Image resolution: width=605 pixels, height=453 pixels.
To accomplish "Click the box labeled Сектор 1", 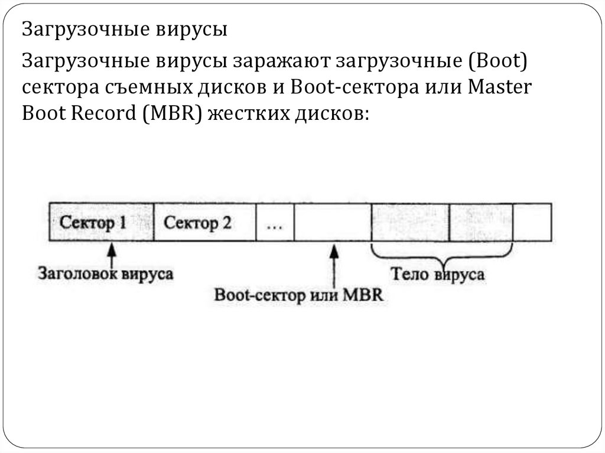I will point(101,223).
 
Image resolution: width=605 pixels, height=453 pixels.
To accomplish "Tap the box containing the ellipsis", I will point(275,223).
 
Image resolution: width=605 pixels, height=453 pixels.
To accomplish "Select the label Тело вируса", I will point(438,275).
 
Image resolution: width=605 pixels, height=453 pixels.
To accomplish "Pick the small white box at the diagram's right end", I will point(532,223).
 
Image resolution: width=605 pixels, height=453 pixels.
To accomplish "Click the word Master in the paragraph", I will point(500,86).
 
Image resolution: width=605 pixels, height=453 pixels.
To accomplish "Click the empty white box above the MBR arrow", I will point(332,223).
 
